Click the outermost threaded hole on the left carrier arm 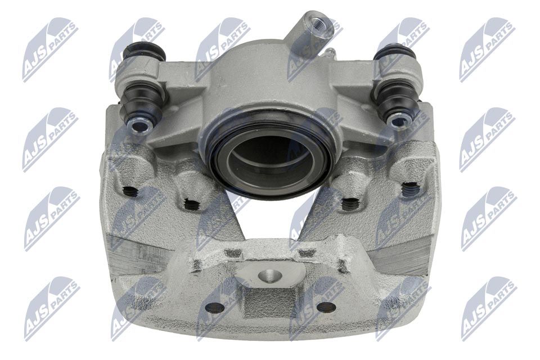pos(131,191)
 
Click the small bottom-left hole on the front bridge pos(214,308)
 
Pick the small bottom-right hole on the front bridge pos(326,307)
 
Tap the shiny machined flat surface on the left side pos(135,256)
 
